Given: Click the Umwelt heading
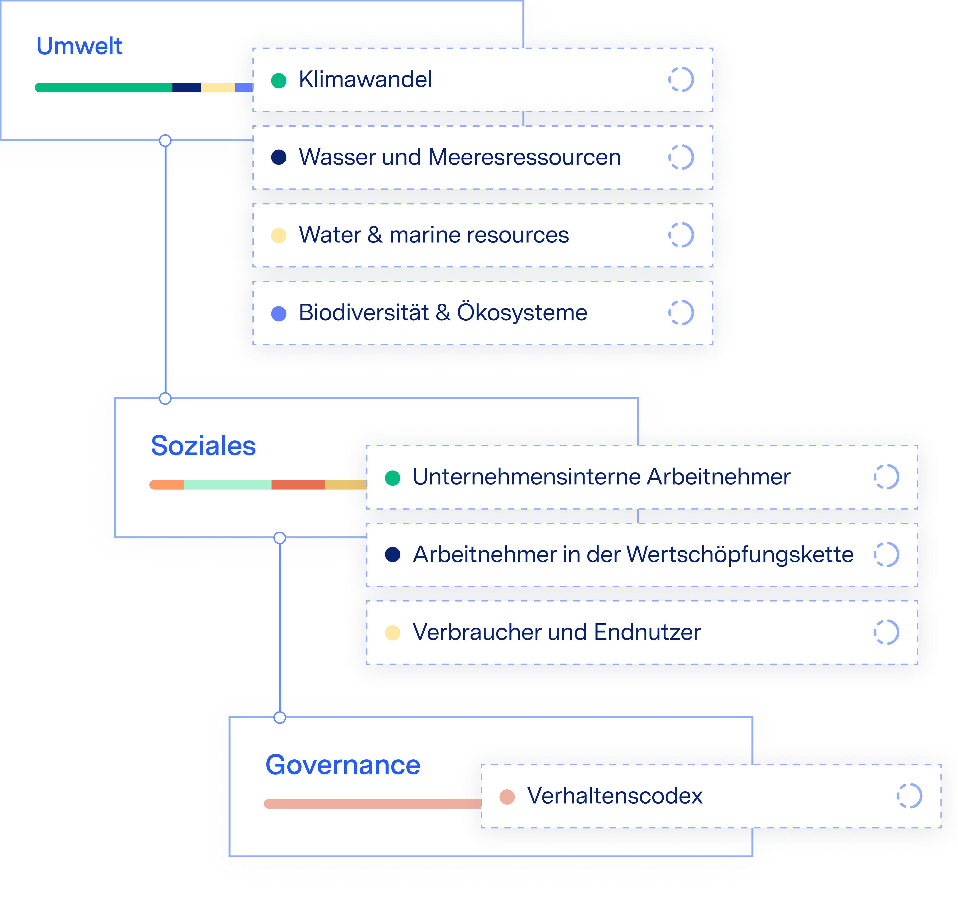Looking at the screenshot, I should tap(79, 46).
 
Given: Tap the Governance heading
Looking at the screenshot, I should tap(343, 765).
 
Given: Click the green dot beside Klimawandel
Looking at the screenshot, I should tap(279, 80).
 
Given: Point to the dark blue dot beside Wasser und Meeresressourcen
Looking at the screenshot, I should tap(279, 157).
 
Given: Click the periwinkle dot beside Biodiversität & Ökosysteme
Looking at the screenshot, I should tap(279, 313).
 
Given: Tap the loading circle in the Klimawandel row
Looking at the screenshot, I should tap(681, 79).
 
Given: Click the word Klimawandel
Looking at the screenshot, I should tap(365, 79).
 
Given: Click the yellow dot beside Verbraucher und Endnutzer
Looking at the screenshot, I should tap(392, 633).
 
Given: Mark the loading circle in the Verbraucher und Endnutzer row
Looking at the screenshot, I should tap(886, 632).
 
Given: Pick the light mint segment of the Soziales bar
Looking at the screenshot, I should tap(227, 485).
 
